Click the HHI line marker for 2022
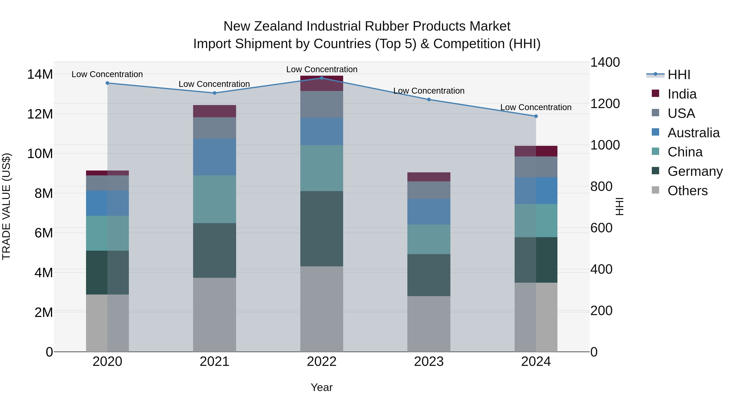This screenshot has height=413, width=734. (x=322, y=78)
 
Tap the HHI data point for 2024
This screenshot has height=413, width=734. (x=536, y=116)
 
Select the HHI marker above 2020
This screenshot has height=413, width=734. (x=107, y=83)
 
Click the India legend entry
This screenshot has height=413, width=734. (x=682, y=94)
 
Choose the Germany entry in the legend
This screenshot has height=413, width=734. (x=695, y=171)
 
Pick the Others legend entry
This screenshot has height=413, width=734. (x=687, y=191)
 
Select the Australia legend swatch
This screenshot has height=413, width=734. (x=655, y=132)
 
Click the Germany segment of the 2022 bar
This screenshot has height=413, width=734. (x=322, y=229)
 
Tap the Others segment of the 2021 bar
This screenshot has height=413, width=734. (x=214, y=315)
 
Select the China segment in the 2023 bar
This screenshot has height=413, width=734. (x=429, y=239)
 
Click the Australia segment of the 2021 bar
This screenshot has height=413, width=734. (x=214, y=157)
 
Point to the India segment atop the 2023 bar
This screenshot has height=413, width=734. (x=429, y=177)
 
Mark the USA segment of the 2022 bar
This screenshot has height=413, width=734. (x=322, y=104)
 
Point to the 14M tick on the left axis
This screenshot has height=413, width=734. (x=40, y=74)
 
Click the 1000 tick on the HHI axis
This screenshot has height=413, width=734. (x=605, y=145)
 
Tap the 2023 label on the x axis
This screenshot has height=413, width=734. (x=429, y=362)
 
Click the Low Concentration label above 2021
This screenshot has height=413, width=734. (x=214, y=84)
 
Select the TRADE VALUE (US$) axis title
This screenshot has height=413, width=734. (x=6, y=206)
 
